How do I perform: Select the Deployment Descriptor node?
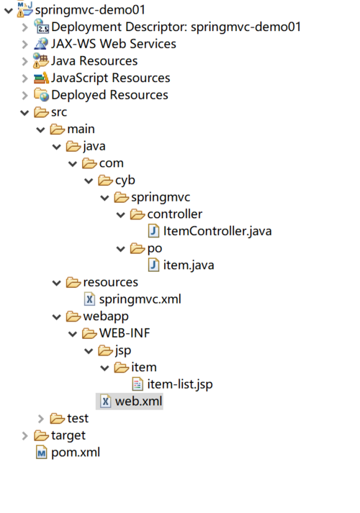pos(176,27)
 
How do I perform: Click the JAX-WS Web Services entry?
pos(113,44)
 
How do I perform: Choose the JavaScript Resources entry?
pos(110,78)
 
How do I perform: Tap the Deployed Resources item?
pos(109,95)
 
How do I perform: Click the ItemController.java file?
pos(217,231)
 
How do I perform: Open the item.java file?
pos(189,265)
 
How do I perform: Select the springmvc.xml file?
pos(140,299)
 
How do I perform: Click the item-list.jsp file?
pos(179,384)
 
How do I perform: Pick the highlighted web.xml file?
pos(138,401)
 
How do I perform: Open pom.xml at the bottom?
pos(75,452)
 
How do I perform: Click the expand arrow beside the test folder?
pos(41,419)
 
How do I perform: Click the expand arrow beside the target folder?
pos(25,435)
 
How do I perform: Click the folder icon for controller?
pos(137,214)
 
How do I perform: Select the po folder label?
pos(155,248)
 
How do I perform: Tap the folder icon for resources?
pos(73,282)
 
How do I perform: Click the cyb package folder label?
pos(125,180)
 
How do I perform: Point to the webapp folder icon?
pos(73,316)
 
